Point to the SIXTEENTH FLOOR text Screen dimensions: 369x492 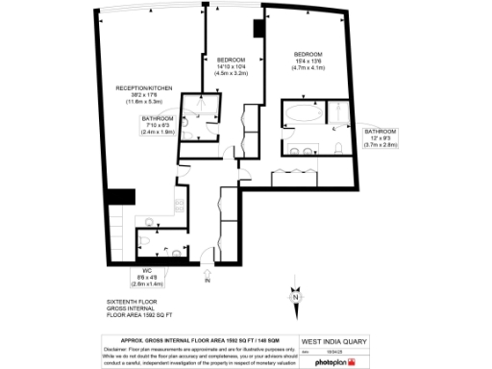click(x=131, y=301)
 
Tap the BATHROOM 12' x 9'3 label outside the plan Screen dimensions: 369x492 click(x=381, y=131)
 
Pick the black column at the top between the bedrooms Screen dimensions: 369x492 click(x=256, y=29)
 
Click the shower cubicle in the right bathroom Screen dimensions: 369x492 click(x=337, y=114)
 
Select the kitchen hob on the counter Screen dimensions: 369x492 click(x=179, y=203)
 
